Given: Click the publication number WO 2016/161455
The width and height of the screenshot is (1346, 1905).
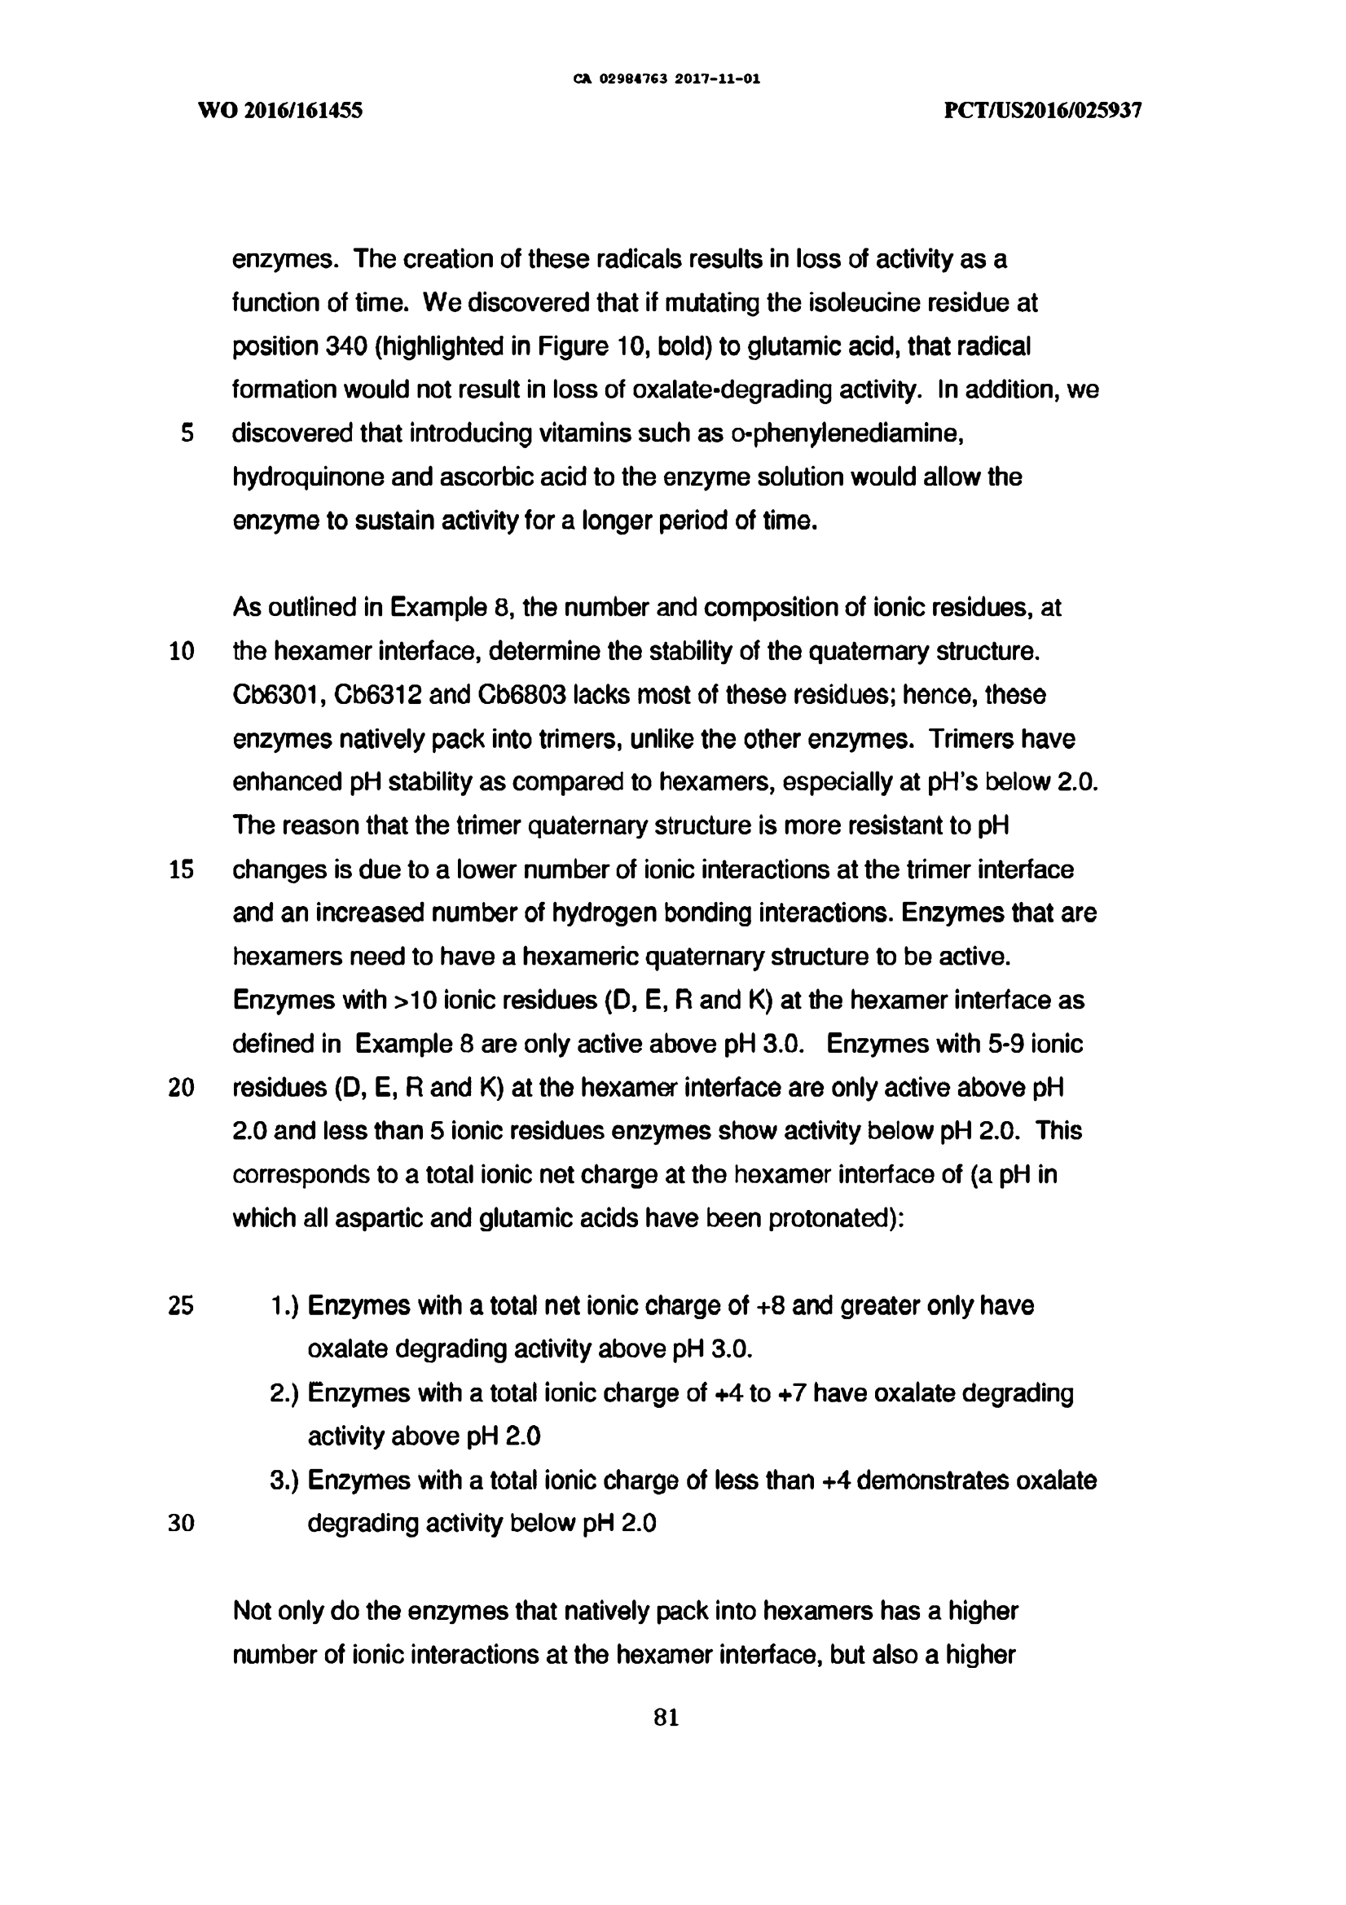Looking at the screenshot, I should tap(280, 111).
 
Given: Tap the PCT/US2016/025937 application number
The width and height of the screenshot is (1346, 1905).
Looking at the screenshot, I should tap(1043, 111).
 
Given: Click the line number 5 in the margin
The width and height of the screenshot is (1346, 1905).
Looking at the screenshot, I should tap(187, 433).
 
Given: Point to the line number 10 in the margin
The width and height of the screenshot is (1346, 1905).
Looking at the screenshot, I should tap(181, 651).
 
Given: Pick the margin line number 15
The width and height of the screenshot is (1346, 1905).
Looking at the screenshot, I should tap(181, 869).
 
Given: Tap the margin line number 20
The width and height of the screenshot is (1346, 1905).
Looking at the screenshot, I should tap(181, 1088).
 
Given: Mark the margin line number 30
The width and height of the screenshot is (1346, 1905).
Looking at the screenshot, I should tap(181, 1524).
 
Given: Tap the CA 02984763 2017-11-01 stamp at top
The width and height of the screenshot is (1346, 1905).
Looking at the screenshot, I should tap(666, 80).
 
